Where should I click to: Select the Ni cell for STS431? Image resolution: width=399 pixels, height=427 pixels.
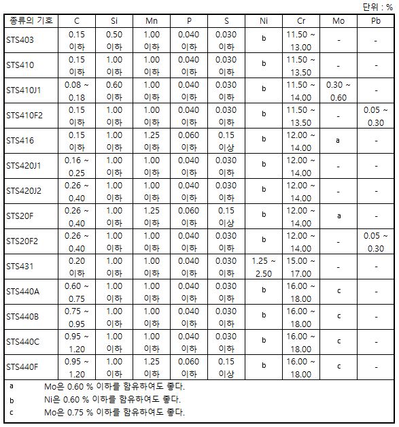[264, 267]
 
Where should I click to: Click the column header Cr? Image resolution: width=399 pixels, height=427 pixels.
[301, 21]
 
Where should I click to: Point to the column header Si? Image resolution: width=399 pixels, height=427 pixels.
[114, 21]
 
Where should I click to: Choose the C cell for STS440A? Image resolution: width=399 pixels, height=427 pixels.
[77, 292]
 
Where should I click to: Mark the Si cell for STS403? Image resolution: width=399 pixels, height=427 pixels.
[114, 40]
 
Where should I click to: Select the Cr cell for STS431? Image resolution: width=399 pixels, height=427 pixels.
[301, 267]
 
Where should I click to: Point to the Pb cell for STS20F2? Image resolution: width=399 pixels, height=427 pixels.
[375, 241]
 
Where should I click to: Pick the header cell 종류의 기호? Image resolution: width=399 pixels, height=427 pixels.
[31, 21]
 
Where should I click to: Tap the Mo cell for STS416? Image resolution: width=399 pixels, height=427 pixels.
[339, 141]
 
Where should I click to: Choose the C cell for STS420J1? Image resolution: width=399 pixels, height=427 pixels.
[77, 166]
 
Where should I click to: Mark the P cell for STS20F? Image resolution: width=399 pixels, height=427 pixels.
[188, 216]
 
